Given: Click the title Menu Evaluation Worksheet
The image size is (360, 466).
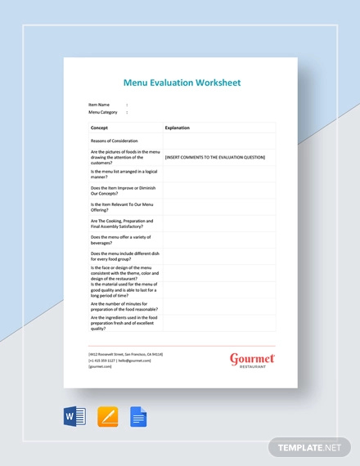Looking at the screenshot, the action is (182, 83).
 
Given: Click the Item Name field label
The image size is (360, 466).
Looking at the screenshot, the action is (99, 105).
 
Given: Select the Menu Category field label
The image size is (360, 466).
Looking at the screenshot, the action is (103, 112).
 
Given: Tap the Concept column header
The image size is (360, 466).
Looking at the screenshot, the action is (99, 128).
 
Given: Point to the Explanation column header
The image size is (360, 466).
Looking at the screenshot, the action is (178, 128).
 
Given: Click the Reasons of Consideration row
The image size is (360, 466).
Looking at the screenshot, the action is (114, 141).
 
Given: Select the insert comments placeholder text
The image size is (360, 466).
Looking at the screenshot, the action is (215, 157).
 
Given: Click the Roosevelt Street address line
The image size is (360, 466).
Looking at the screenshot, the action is (125, 354).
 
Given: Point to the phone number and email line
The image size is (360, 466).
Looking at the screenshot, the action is (120, 361).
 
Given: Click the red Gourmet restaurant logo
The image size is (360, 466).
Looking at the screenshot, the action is (252, 360).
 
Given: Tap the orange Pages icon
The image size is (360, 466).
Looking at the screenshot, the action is (108, 417).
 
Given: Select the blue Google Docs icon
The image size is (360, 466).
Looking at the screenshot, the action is (138, 417).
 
